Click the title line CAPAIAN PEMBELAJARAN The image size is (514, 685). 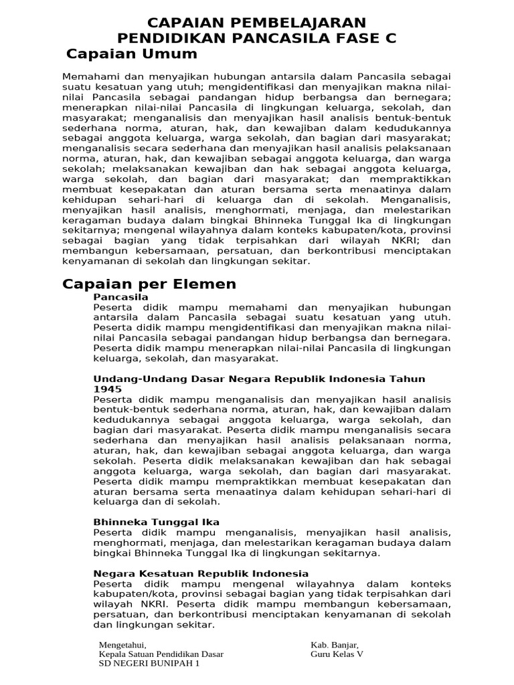256,23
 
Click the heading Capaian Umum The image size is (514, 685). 133,54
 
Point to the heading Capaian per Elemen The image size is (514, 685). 149,284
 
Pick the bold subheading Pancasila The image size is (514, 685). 121,296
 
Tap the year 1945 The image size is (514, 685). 107,389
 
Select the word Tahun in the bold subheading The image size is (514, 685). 409,379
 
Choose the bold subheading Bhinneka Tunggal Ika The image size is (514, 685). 157,522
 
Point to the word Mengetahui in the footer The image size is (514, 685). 122,645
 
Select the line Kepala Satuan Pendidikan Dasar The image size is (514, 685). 161,654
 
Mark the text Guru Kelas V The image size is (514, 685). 337,654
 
